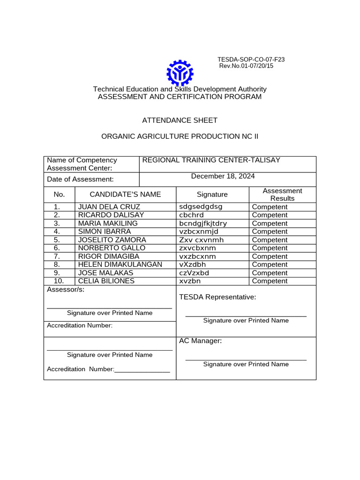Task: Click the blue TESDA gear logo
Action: (180, 73)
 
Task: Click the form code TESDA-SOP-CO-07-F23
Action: (251, 60)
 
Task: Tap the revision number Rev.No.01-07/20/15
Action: (246, 66)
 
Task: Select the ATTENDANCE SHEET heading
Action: (180, 120)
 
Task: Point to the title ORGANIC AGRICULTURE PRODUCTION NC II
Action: (180, 136)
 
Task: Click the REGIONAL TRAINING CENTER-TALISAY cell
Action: (211, 160)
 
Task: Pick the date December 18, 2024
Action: (223, 176)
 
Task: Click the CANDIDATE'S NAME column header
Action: (125, 195)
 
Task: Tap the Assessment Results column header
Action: (282, 195)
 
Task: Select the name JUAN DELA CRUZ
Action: (109, 207)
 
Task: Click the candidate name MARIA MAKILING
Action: (108, 224)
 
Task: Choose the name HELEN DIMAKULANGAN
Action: (120, 264)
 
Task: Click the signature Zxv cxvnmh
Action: (201, 240)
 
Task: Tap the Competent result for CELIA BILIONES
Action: (270, 281)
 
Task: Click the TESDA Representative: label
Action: (217, 297)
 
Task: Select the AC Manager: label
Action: (200, 341)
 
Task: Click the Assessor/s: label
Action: (66, 290)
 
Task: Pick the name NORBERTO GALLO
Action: (112, 248)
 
